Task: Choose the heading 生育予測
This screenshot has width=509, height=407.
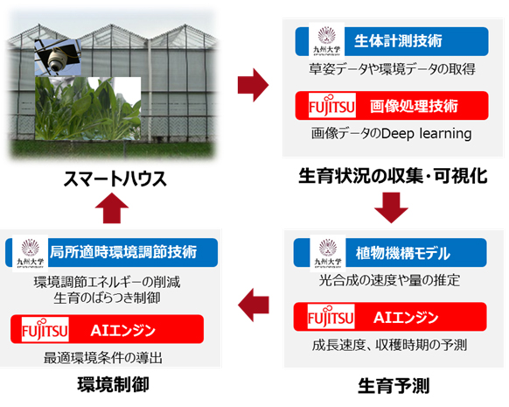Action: click(391, 384)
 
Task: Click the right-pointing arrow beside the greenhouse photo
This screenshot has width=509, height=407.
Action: click(252, 86)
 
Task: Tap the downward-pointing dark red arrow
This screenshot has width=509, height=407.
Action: click(391, 210)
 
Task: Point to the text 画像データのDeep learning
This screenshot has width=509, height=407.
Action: click(391, 134)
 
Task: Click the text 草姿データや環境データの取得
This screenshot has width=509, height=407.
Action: click(391, 68)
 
